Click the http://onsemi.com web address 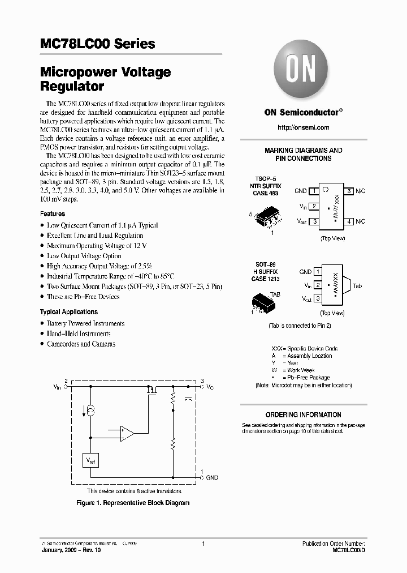click(304, 127)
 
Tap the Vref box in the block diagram click(91, 461)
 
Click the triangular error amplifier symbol click(126, 434)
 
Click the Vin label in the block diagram click(57, 387)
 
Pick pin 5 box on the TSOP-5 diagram click(350, 191)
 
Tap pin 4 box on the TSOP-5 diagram click(350, 221)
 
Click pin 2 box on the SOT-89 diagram click(318, 285)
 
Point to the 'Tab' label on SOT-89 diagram click(357, 286)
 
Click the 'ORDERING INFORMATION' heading click(304, 415)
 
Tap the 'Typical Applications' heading click(68, 312)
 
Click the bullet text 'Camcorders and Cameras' click(81, 344)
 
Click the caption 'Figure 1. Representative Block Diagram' click(133, 503)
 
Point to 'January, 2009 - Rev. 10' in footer click(69, 550)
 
